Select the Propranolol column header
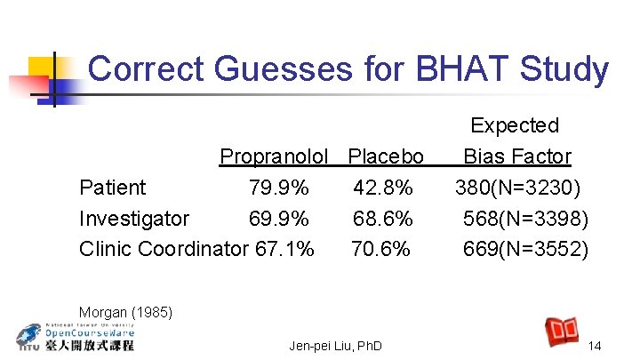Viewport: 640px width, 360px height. (x=280, y=156)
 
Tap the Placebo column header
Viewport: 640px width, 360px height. (x=386, y=156)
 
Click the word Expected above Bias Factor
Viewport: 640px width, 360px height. (x=515, y=125)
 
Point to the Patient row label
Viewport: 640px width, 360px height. (x=113, y=188)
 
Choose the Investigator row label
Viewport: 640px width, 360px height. (x=134, y=219)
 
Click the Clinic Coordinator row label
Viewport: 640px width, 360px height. (x=162, y=250)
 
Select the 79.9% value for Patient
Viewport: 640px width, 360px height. (x=279, y=188)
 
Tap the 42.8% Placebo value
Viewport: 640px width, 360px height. (x=383, y=188)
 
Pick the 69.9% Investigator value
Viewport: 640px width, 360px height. (x=279, y=219)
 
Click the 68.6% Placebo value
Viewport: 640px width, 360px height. (x=383, y=219)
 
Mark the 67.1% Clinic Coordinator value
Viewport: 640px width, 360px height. (x=284, y=250)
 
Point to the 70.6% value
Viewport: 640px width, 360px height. (x=381, y=250)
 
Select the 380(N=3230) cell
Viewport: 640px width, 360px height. (x=518, y=188)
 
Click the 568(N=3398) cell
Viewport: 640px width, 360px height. (x=525, y=219)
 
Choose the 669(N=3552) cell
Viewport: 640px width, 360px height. (x=525, y=250)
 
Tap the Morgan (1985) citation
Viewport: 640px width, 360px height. (x=125, y=312)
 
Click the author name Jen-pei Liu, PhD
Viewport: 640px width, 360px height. (x=335, y=345)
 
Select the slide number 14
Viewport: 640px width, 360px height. (x=596, y=345)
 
